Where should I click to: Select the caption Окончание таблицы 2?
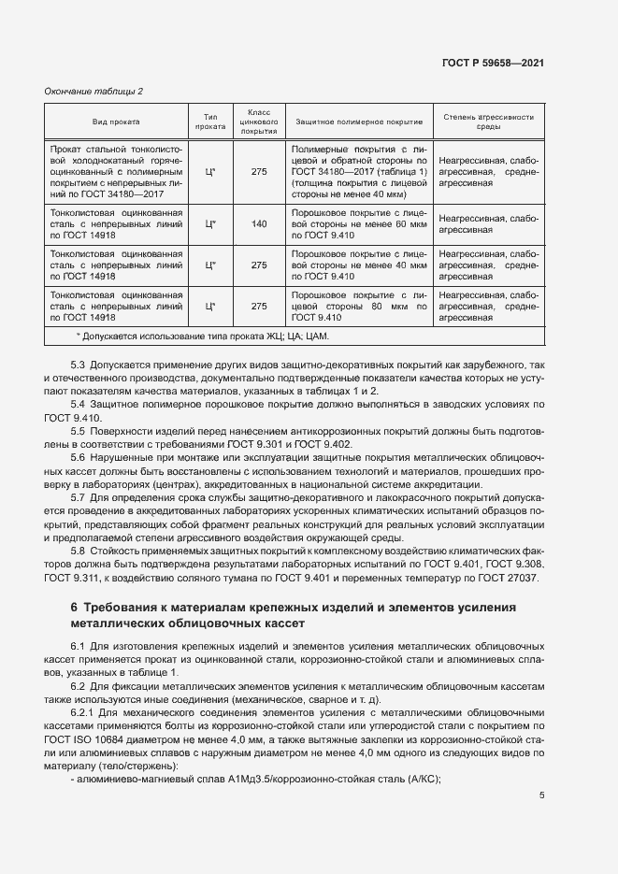pos(93,91)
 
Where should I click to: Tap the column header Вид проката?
pos(117,122)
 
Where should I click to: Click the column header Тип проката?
pos(209,122)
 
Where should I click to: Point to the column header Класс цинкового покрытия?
pos(259,122)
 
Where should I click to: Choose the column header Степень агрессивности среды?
pos(489,122)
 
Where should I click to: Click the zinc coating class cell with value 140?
pos(259,223)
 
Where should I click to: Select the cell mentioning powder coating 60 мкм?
pos(359,223)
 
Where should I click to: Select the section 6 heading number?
pos(76,609)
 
